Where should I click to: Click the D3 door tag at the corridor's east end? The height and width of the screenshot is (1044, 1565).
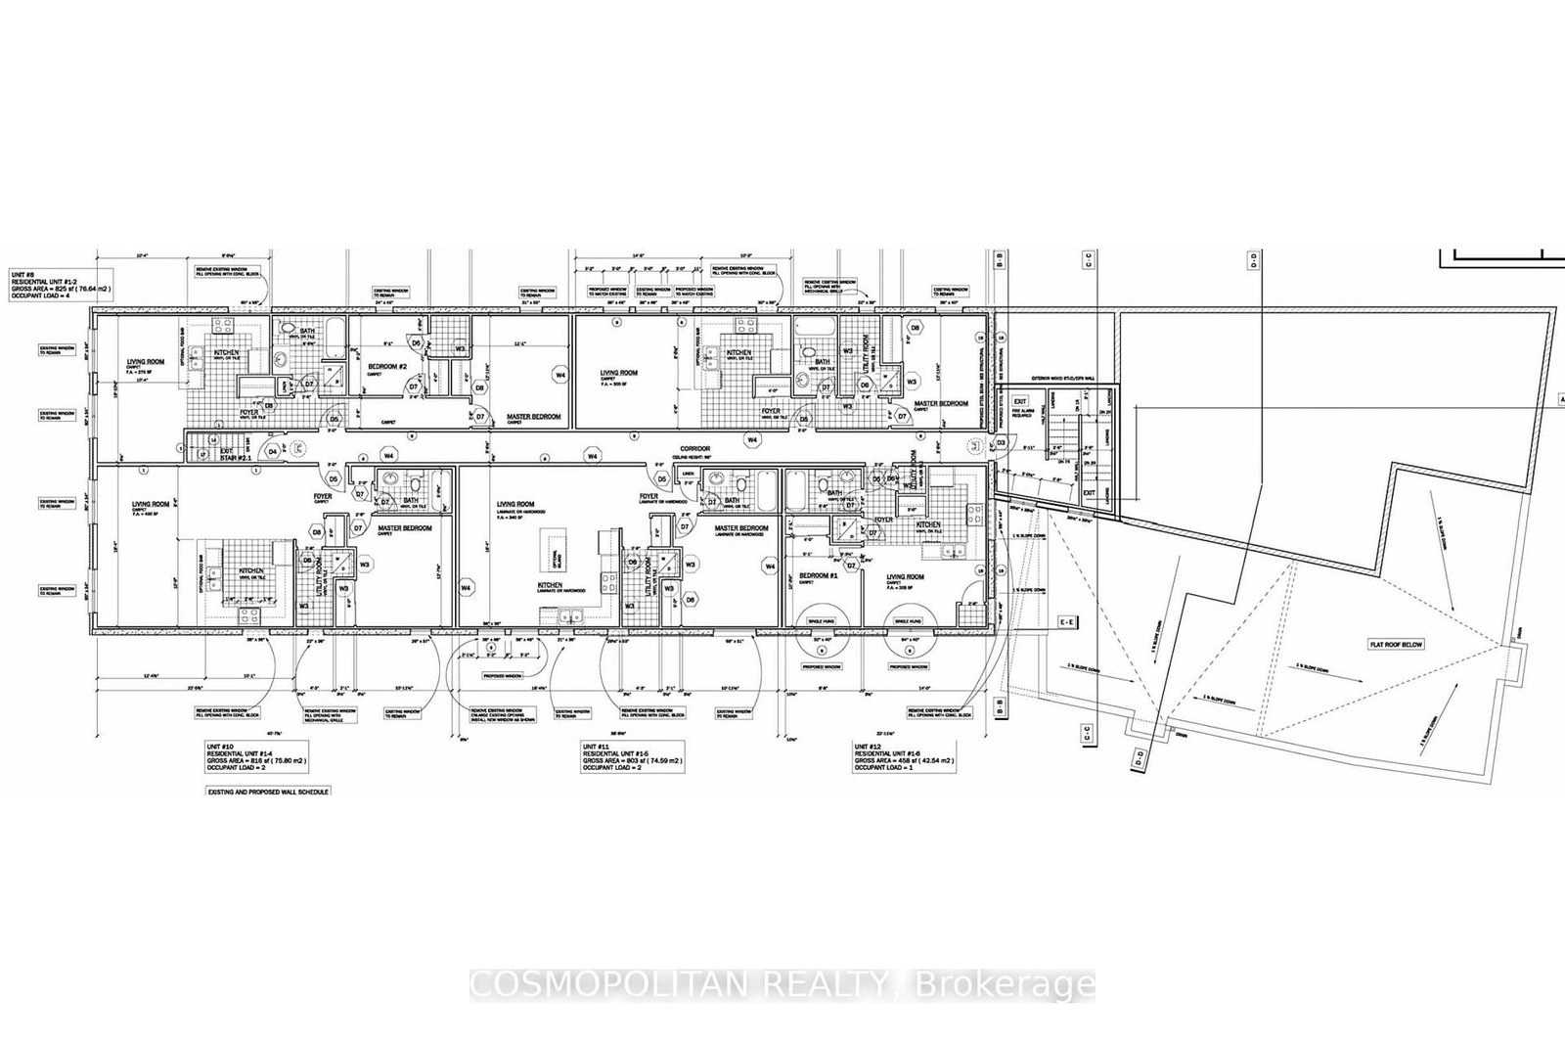coord(1001,443)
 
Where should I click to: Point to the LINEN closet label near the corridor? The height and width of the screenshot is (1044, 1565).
coord(691,472)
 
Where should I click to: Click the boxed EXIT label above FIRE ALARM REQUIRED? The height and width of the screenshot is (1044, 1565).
coord(1019,400)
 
